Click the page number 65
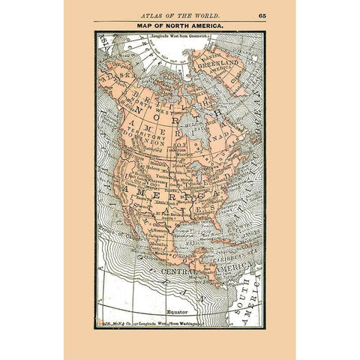click(262, 15)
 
